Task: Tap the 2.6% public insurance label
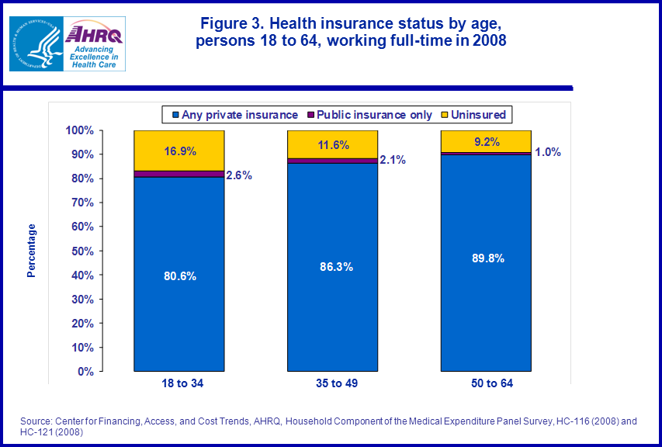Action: coord(239,175)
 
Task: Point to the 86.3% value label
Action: coord(333,266)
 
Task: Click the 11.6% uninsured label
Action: coord(333,144)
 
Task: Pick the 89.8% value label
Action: coord(486,258)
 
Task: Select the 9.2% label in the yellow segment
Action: coord(486,141)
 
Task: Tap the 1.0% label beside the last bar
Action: coord(548,152)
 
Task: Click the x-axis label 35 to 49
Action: coord(333,384)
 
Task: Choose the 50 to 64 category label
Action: coord(487,384)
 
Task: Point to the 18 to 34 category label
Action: coord(179,384)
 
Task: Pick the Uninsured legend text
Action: coord(478,115)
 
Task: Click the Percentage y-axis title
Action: coord(32,251)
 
